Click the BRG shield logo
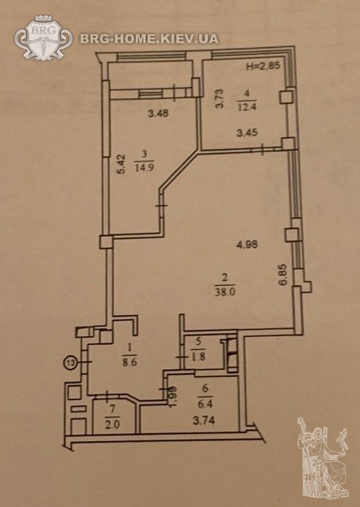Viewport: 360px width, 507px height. click(43, 38)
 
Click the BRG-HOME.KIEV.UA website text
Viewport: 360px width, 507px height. click(149, 39)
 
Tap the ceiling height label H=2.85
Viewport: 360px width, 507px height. click(263, 67)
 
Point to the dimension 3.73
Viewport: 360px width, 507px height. click(220, 99)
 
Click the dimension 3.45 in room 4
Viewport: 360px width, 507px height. click(247, 133)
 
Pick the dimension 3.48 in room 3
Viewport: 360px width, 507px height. click(158, 114)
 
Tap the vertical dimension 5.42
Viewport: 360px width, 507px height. click(121, 165)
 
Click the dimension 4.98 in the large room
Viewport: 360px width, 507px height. click(247, 244)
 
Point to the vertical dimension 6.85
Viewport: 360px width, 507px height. click(284, 275)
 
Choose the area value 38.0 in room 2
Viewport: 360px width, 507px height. click(224, 292)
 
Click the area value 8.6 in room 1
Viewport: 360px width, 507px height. click(129, 362)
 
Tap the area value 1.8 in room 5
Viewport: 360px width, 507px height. click(198, 358)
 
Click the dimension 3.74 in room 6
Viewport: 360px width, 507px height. click(203, 421)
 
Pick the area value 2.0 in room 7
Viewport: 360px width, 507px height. click(112, 425)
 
